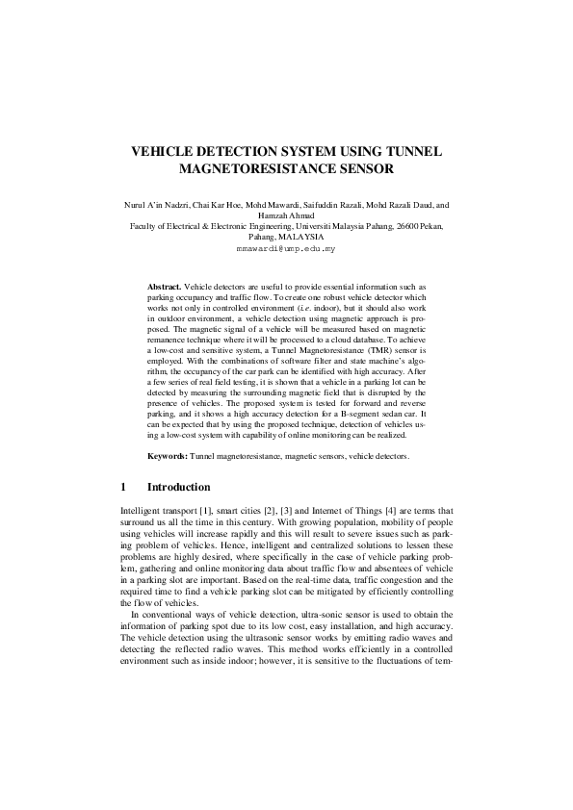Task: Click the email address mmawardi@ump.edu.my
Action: coord(286,248)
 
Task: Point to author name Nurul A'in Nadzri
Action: coord(154,206)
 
